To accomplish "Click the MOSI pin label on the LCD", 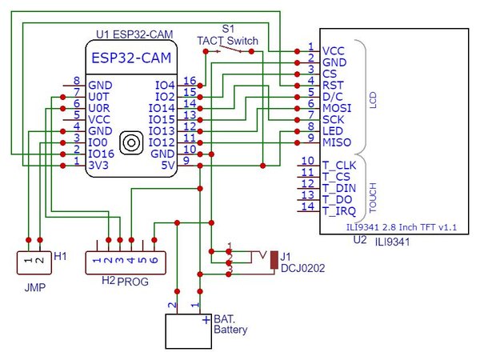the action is pos(337,108).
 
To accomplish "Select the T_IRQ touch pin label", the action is pos(339,211).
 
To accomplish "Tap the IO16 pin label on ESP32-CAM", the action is pos(101,154).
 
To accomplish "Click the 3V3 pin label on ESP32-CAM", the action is pos(98,166).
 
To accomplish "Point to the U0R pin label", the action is pos(99,108).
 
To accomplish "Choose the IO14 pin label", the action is pos(162,108).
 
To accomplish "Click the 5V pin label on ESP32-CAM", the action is pos(168,166).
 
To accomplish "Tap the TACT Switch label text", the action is pos(227,41).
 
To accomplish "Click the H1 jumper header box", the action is pos(34,262).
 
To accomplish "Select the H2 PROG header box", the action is pos(126,262).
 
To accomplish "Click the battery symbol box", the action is pos(188,331).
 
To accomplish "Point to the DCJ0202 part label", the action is pos(302,268).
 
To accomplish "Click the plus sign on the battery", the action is pos(206,320).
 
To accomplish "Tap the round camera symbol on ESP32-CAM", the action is pos(131,142).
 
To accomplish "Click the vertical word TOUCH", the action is pos(373,198).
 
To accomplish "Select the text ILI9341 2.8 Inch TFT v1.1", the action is pos(402,227).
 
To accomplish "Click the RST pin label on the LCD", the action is pos(333,85).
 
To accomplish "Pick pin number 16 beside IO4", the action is pos(190,81).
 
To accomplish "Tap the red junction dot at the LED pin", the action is pos(297,131).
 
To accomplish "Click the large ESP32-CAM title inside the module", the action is pos(131,58).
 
